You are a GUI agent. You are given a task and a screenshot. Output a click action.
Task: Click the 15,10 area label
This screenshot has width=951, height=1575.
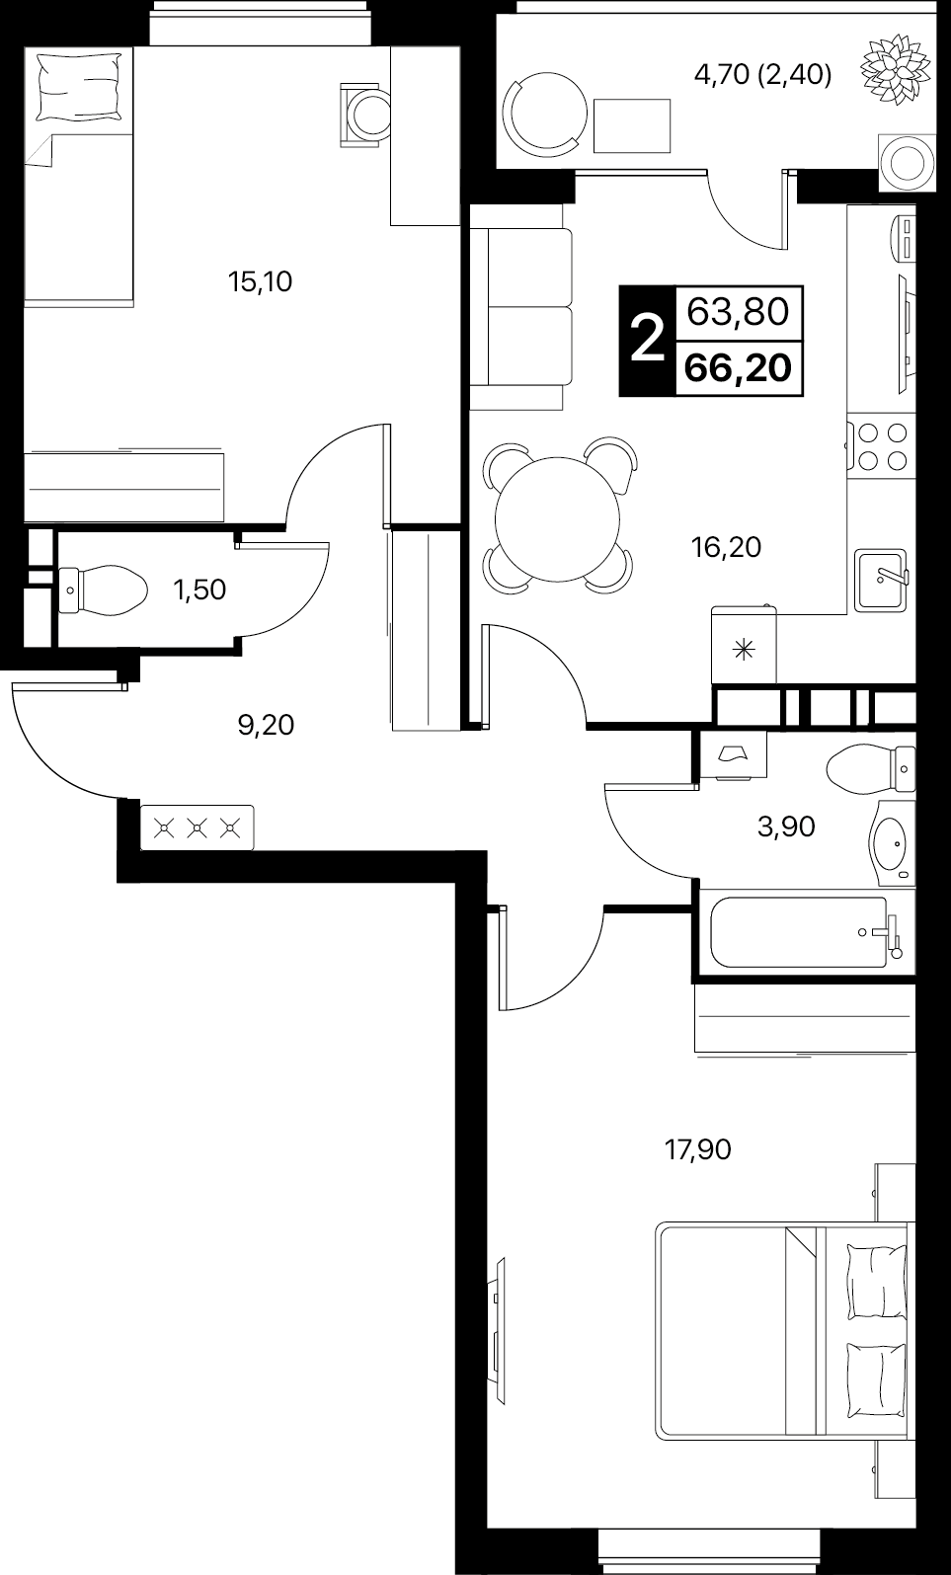pos(260,282)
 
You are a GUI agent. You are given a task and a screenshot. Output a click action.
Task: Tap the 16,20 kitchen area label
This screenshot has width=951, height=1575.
pos(726,547)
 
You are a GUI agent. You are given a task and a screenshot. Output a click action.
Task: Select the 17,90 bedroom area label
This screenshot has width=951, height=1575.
pos(698,1149)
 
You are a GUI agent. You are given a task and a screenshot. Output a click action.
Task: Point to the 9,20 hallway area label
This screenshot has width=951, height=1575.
pos(266,725)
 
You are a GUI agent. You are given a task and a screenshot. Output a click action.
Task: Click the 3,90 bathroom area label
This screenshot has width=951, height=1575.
pos(786,827)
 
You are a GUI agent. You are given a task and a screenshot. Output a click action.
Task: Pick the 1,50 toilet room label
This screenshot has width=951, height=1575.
pos(199,590)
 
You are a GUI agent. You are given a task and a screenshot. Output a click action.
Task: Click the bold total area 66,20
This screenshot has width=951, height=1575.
pos(738,367)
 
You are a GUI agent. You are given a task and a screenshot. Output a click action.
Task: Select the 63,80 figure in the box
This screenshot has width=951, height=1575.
pos(738,311)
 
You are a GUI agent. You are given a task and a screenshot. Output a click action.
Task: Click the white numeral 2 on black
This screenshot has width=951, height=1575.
pos(647,339)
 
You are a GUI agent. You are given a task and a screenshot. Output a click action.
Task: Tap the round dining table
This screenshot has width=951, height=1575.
pos(558,518)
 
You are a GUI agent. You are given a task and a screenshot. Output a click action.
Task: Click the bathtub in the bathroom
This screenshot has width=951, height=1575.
pos(798,932)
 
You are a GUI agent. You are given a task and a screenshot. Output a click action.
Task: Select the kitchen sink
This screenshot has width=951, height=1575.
pos(881,580)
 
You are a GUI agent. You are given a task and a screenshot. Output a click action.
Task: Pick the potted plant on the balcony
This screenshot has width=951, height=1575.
pos(896,70)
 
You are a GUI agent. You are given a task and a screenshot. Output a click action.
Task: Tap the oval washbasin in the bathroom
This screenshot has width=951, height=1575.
pos(892,843)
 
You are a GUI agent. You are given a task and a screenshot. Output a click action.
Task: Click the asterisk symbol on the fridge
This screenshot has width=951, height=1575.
pos(744,650)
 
